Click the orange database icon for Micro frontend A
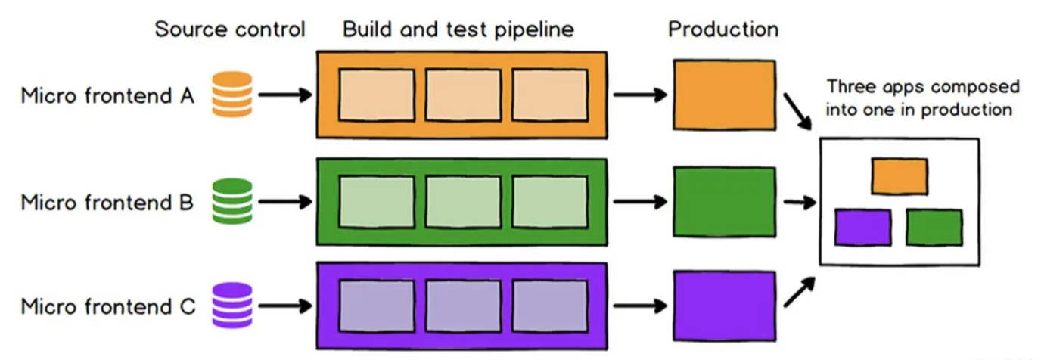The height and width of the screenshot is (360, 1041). (x=232, y=95)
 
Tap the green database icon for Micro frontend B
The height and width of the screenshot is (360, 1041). (x=232, y=201)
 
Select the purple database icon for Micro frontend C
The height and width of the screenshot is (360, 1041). (x=232, y=306)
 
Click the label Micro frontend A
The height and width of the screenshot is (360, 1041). (x=107, y=97)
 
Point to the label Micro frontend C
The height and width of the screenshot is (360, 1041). (x=107, y=307)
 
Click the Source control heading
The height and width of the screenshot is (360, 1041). (x=230, y=30)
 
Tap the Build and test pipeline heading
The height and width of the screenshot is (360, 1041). (x=458, y=30)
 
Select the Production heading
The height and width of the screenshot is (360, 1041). (x=722, y=30)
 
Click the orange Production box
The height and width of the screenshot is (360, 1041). (x=724, y=95)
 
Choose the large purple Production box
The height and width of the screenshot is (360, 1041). (x=724, y=306)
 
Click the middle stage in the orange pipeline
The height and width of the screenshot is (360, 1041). (x=462, y=95)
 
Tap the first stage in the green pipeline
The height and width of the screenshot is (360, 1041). (x=376, y=201)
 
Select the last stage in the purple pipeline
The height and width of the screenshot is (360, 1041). (x=550, y=306)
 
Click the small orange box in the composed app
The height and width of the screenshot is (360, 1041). (x=899, y=176)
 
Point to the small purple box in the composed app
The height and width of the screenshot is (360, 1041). (x=862, y=228)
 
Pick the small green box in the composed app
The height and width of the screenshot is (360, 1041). (x=934, y=228)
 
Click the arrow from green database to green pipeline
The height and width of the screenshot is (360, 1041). (x=284, y=202)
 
